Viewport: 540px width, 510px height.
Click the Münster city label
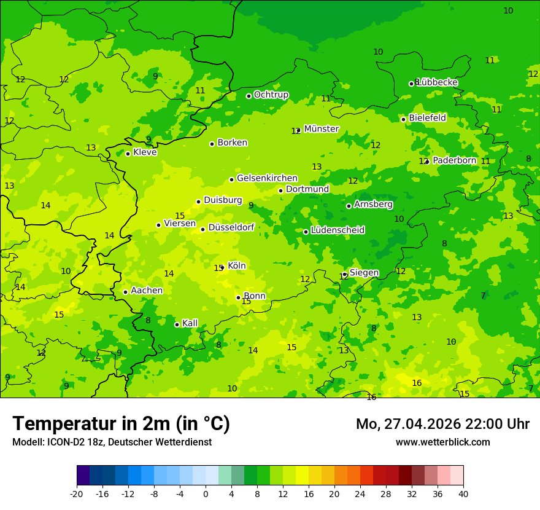321,129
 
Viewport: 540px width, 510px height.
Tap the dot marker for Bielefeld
403,119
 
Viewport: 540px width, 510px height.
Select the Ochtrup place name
271,95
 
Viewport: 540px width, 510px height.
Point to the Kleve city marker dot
128,154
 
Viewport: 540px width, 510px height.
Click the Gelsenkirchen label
267,178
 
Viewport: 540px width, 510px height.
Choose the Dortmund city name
307,189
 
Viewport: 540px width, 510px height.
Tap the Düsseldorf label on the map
231,227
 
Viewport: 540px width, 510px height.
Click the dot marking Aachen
125,292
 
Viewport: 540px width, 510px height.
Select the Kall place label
190,323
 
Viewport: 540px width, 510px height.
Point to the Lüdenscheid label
337,230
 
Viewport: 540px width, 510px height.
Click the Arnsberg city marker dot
349,206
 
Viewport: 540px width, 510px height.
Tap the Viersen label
179,224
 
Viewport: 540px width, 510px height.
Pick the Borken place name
232,143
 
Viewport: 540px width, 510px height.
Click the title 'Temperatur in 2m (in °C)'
121,423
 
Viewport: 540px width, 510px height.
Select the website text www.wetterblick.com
442,442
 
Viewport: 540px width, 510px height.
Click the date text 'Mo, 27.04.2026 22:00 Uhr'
442,424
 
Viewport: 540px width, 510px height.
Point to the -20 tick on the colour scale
77,493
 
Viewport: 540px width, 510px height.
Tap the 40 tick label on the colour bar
463,493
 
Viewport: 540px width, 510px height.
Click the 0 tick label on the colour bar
206,493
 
